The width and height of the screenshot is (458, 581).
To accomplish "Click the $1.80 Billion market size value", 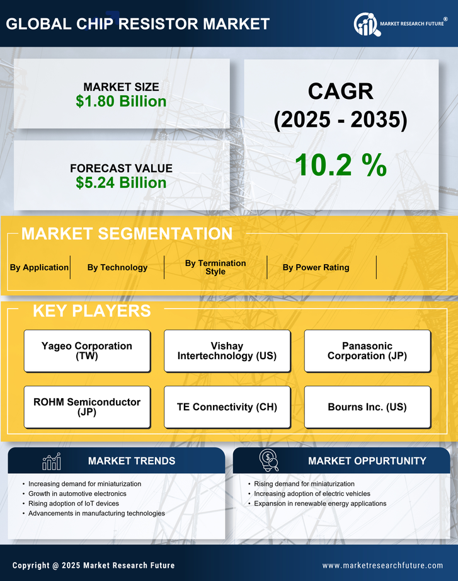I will pyautogui.click(x=121, y=101).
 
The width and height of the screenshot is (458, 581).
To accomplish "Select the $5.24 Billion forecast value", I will pyautogui.click(x=121, y=183).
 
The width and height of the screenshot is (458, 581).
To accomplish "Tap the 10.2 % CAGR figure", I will pyautogui.click(x=340, y=165).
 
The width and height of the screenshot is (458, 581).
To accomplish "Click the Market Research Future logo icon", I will pyautogui.click(x=366, y=25).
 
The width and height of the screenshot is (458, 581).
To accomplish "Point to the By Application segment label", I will pyautogui.click(x=39, y=267).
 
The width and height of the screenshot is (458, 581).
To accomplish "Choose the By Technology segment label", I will pyautogui.click(x=117, y=267).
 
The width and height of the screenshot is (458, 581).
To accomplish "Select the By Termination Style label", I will pyautogui.click(x=215, y=267).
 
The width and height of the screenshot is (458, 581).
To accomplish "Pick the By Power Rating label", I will pyautogui.click(x=316, y=267).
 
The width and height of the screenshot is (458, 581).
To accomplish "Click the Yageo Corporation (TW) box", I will pyautogui.click(x=87, y=350).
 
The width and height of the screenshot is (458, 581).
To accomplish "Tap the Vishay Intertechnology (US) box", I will pyautogui.click(x=227, y=350).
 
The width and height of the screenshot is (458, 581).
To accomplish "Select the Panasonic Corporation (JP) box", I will pyautogui.click(x=367, y=350).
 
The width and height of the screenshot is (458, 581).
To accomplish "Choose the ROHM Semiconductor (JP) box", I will pyautogui.click(x=87, y=406).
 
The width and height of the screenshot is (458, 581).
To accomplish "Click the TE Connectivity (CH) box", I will pyautogui.click(x=227, y=406).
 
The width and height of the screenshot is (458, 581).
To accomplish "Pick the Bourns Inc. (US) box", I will pyautogui.click(x=367, y=406).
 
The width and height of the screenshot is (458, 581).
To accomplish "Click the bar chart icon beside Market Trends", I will pyautogui.click(x=51, y=461).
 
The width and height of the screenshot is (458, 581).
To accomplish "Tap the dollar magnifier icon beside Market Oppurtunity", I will pyautogui.click(x=269, y=460).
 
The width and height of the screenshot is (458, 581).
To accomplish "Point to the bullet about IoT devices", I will pyautogui.click(x=74, y=503).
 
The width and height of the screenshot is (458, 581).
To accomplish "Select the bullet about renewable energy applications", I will pyautogui.click(x=320, y=503).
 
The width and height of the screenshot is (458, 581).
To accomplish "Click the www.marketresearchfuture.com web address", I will pyautogui.click(x=382, y=565).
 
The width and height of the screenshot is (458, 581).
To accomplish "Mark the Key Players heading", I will pyautogui.click(x=91, y=311).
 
